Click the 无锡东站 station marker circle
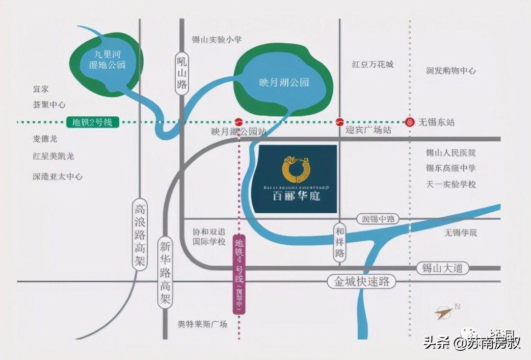point(410,122)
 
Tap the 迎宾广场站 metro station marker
point(340,122)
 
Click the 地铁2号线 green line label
point(92,122)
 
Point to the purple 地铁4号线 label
point(238,274)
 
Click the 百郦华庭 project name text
point(296,196)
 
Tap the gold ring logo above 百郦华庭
point(296,168)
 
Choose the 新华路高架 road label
point(165,272)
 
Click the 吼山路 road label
point(182,74)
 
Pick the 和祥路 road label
point(340,242)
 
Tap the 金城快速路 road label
point(361,281)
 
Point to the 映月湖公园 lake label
point(283,82)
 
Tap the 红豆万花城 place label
point(373,65)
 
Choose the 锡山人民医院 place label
point(451,153)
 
